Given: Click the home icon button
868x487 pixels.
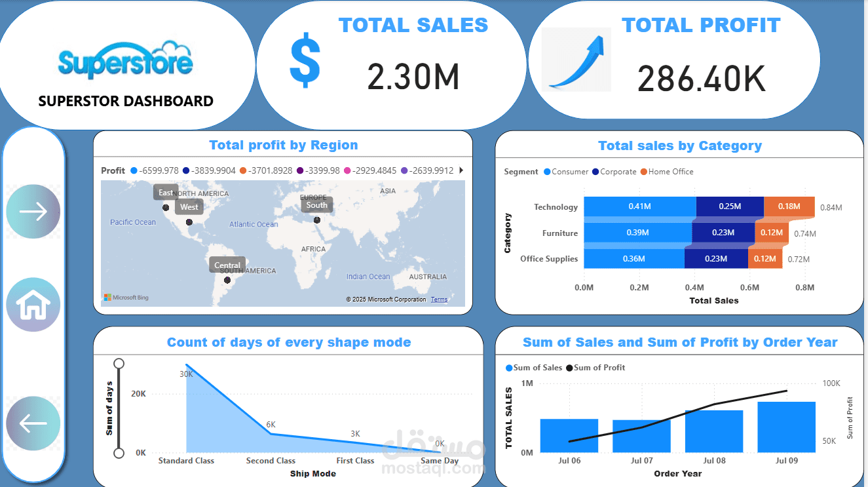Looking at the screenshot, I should (33, 305).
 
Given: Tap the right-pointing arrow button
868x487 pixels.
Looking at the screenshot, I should (33, 211).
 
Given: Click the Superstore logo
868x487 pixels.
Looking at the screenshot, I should (125, 60).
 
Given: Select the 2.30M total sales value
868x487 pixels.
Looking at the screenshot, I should (413, 76).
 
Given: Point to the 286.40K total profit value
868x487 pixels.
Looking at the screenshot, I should (701, 79).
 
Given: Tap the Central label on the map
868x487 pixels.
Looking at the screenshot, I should (227, 265).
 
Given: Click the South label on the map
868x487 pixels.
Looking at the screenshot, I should (316, 205).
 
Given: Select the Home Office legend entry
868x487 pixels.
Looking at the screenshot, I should (670, 172).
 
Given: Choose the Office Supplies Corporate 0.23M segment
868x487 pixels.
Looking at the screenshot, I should (715, 259).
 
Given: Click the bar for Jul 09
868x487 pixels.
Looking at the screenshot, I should (786, 427).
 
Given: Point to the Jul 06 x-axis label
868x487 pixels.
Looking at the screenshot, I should (569, 461).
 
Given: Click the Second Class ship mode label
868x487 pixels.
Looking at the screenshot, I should (271, 461).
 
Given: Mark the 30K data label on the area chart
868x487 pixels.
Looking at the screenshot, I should (186, 374).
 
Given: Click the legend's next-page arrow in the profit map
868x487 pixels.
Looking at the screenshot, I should (461, 170).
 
